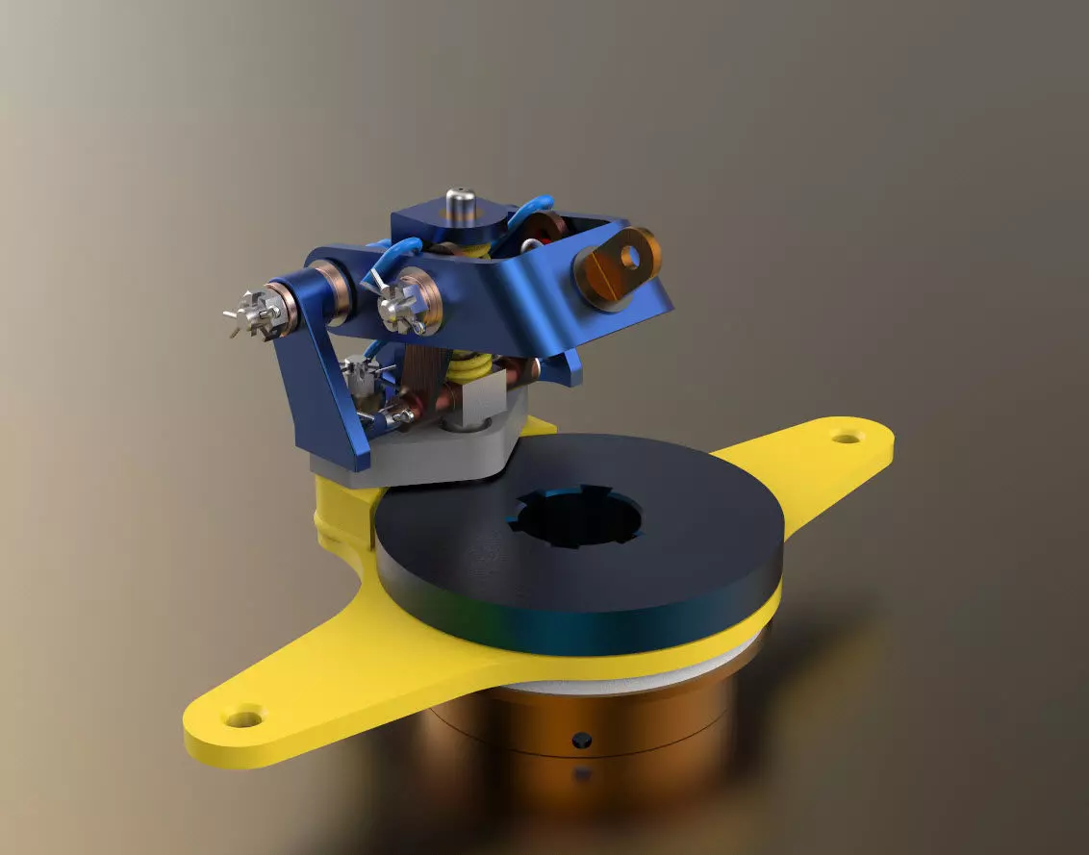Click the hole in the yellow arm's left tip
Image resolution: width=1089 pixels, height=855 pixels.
click(240, 717)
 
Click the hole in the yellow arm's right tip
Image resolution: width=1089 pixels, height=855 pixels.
click(846, 439)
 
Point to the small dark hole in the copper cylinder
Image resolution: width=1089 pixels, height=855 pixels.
click(580, 740)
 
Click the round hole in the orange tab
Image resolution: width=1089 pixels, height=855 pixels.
click(631, 255)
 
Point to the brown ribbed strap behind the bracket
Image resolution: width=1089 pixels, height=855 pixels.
click(423, 370)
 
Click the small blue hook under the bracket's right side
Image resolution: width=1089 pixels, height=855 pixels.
click(573, 369)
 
